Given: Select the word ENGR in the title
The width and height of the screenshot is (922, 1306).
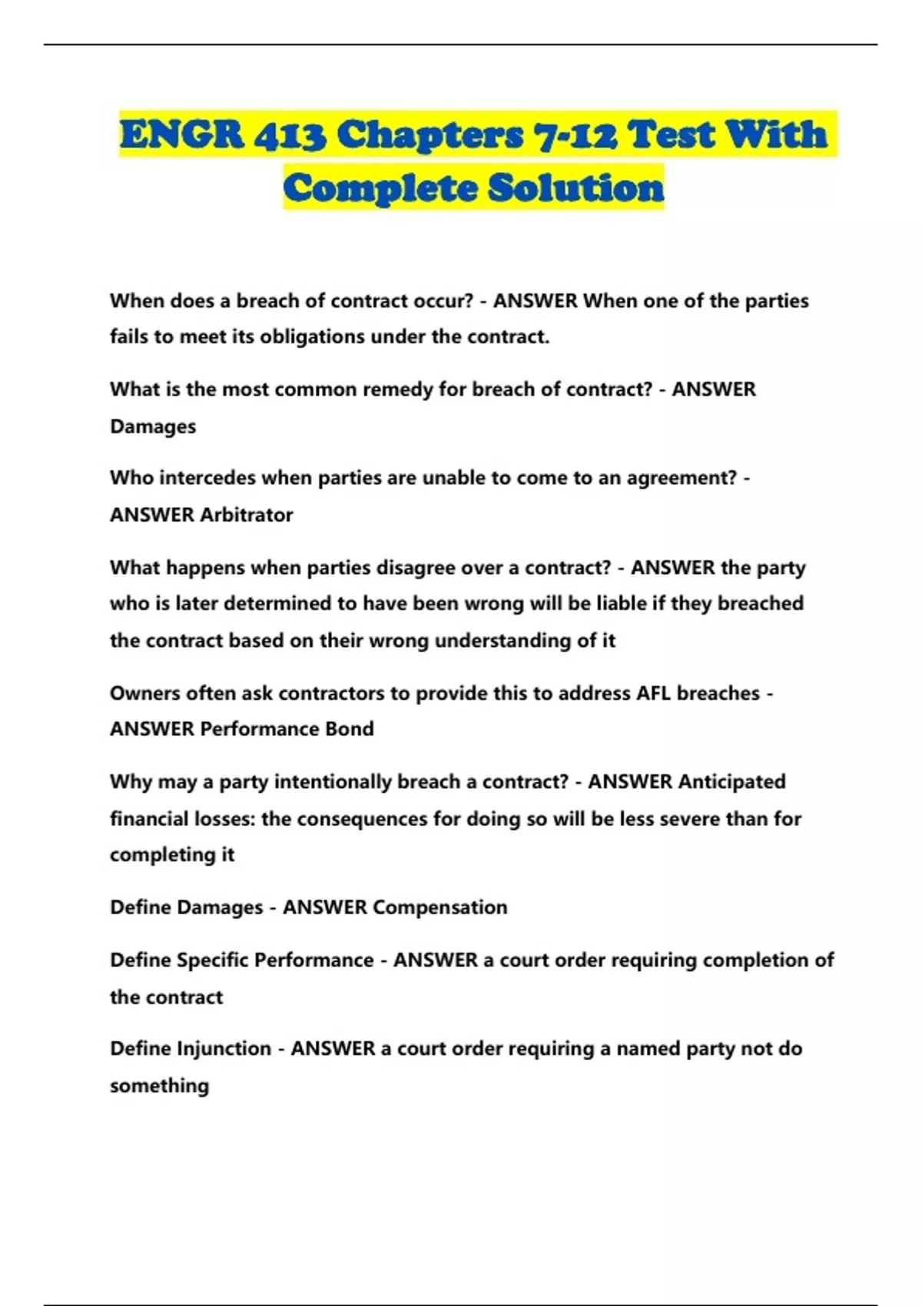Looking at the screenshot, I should coord(181,135).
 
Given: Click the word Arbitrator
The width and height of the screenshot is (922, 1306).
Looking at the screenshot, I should coord(247,515).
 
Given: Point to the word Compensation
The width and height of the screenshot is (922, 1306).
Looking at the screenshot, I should coord(439,907).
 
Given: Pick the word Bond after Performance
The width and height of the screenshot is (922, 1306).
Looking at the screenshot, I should coord(350,728).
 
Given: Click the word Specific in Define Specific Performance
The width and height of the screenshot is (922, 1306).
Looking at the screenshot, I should coord(211,960).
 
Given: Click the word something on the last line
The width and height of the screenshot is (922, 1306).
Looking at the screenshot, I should coord(159,1086).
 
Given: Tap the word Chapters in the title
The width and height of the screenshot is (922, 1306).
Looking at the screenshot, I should coord(430,135).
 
